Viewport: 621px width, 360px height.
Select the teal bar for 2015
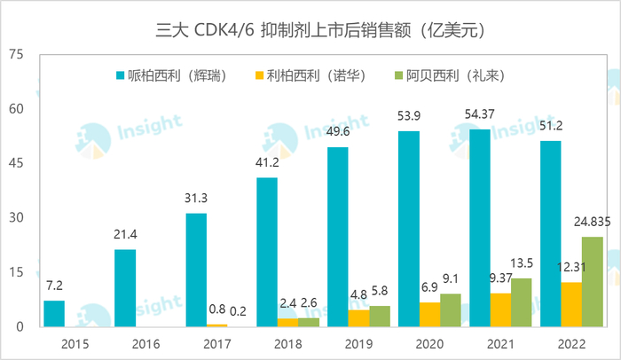click(x=54, y=314)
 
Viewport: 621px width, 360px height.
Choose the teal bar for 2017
click(x=196, y=270)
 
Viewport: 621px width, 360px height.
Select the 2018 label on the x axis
click(x=267, y=341)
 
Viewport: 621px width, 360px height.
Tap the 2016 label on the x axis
click(x=125, y=341)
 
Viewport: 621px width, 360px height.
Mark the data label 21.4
click(x=125, y=236)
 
